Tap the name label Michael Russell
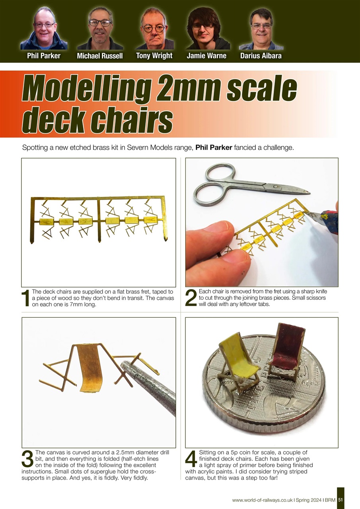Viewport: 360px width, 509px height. pos(100,56)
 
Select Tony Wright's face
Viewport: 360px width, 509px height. pos(154,27)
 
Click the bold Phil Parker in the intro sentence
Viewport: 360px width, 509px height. pos(214,148)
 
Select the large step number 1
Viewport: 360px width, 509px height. pos(25,299)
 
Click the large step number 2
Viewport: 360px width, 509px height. pos(191,299)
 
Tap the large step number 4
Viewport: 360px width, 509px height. pos(191,460)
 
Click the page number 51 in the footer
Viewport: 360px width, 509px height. pos(341,500)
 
